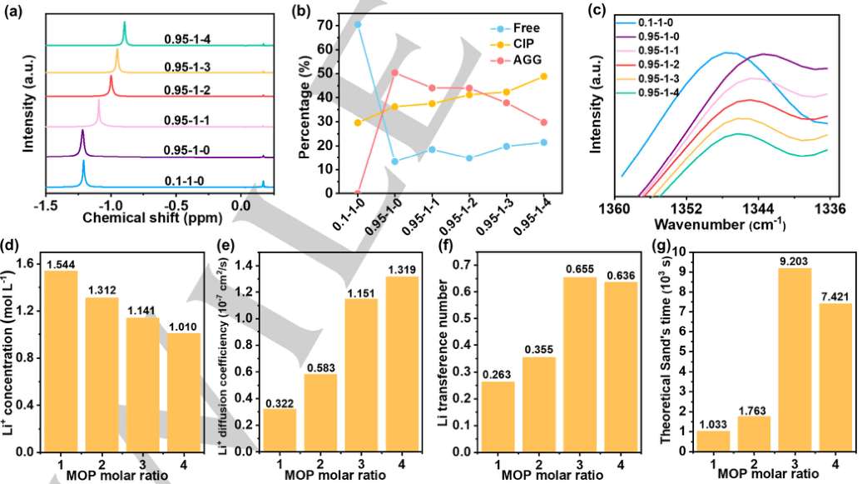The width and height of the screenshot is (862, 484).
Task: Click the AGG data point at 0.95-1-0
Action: coord(394,72)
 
